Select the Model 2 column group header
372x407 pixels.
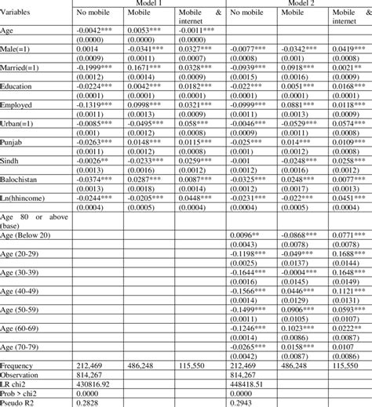pyautogui.click(x=300, y=3)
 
